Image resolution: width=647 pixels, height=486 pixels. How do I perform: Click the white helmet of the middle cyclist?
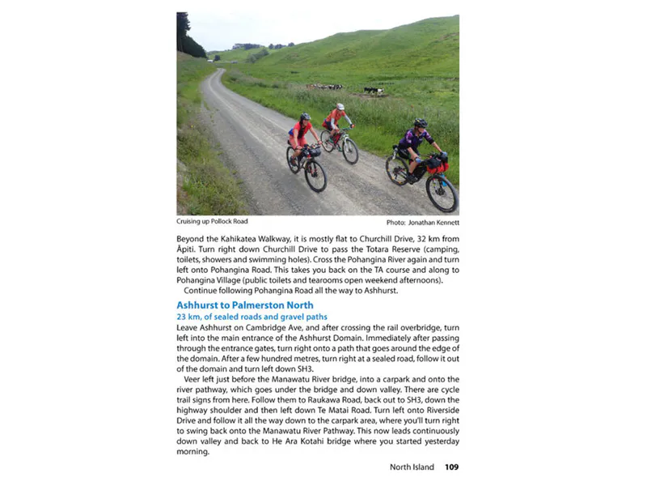340,106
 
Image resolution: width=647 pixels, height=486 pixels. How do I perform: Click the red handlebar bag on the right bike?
437,164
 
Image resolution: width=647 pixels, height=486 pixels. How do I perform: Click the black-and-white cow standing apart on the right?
373,91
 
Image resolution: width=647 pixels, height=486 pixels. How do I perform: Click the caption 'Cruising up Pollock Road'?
212,221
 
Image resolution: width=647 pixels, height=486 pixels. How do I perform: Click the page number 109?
451,467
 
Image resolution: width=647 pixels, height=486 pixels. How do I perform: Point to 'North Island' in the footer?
412,467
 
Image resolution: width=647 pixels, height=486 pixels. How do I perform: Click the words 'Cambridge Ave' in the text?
260,326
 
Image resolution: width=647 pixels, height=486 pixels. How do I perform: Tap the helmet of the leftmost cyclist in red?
305,117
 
